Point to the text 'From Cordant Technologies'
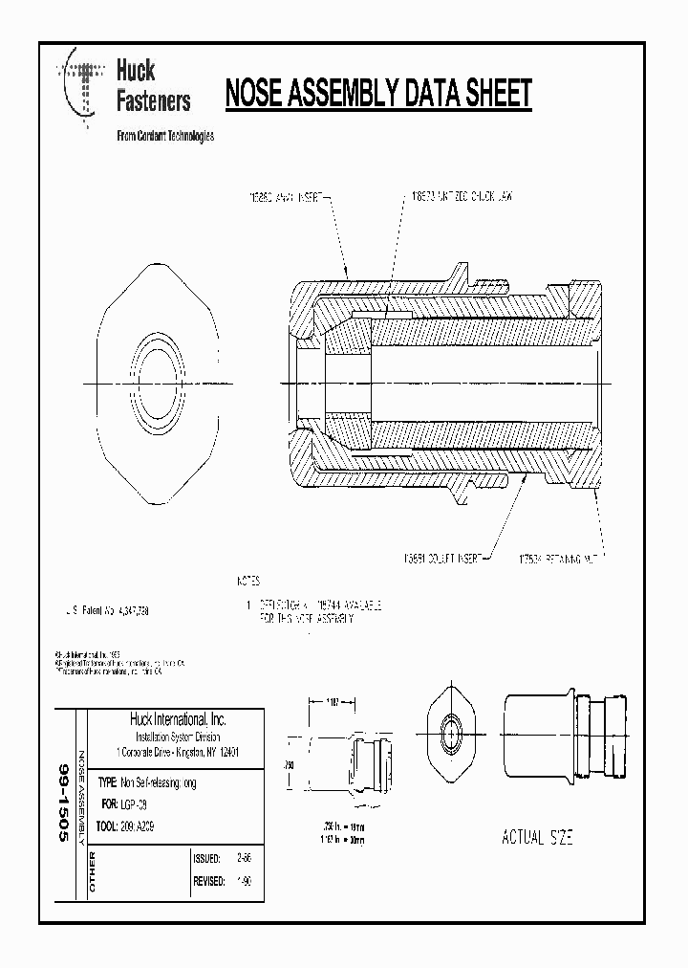[164, 136]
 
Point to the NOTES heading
[248, 581]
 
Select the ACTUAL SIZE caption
[537, 838]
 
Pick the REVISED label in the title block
[208, 881]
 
